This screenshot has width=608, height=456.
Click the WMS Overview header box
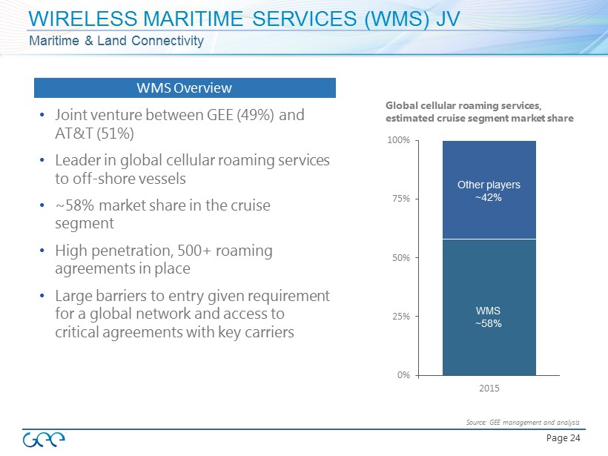click(185, 88)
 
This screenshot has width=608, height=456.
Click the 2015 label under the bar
click(489, 389)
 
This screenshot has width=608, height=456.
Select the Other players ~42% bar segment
click(489, 190)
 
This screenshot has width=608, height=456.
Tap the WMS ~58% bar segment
click(489, 307)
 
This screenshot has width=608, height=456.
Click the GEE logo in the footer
click(44, 438)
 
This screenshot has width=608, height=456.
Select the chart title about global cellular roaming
click(480, 112)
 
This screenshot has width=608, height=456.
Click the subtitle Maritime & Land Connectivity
click(116, 40)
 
